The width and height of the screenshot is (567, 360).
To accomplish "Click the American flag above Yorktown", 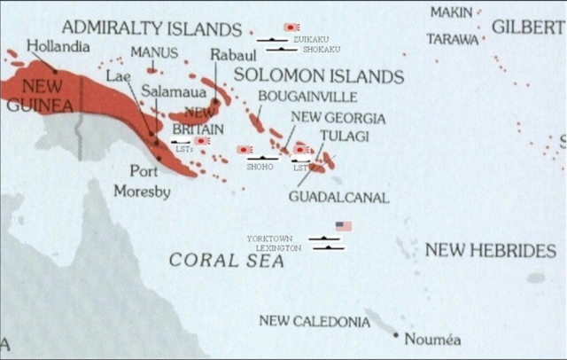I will (344, 226).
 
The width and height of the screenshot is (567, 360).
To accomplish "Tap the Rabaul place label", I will (227, 55).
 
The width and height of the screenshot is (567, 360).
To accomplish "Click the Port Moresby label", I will (143, 181).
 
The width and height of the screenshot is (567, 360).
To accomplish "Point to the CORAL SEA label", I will (217, 260).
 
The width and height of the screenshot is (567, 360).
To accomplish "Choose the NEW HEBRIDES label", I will (490, 251).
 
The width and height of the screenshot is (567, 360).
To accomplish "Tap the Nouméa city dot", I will (395, 334).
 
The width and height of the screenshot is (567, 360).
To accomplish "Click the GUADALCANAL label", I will (338, 197).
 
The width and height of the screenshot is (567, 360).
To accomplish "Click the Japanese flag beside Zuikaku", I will (291, 27).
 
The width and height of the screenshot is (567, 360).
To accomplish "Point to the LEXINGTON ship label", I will (278, 248).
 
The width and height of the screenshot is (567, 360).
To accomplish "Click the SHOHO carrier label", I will (260, 166).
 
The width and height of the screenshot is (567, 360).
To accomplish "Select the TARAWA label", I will (452, 39).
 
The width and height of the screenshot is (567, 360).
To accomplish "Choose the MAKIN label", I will (452, 12).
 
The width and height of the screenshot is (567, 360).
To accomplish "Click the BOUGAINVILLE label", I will (307, 96).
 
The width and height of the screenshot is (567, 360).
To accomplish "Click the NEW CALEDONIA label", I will (315, 321).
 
